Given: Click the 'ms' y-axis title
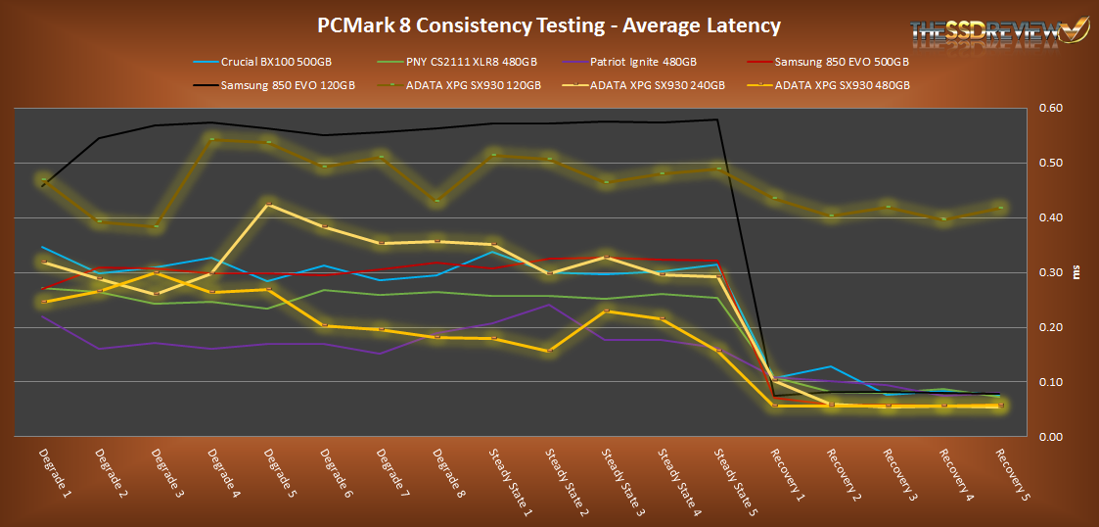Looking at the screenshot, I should coord(1078,272).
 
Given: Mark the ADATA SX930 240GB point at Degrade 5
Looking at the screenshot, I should coord(269,205).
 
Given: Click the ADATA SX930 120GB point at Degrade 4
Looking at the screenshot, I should coord(213,140).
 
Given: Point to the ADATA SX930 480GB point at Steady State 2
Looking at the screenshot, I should coord(550,351).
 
